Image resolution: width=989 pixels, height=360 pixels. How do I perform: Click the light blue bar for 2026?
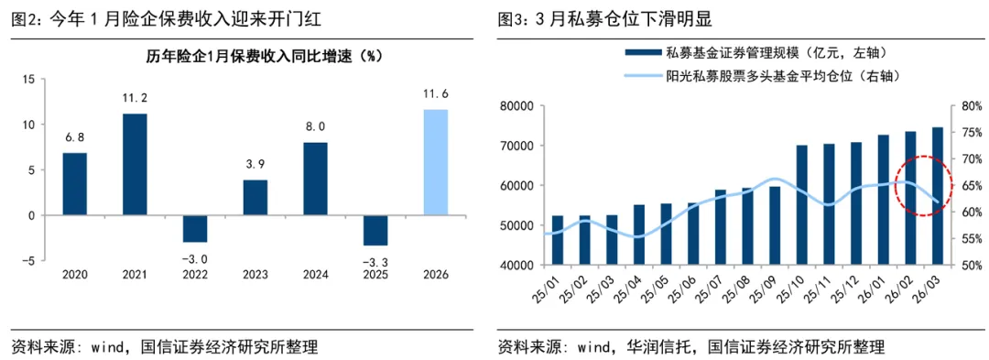click(x=435, y=163)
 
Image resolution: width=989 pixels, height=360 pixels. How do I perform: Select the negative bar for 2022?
click(x=195, y=229)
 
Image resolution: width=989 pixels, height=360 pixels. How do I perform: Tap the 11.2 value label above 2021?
click(x=135, y=98)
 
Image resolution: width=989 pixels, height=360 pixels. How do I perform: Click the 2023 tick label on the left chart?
click(x=255, y=275)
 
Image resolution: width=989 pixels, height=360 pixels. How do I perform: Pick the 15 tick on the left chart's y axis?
click(x=27, y=80)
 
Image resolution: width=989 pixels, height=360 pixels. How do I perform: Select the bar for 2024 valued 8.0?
click(x=315, y=179)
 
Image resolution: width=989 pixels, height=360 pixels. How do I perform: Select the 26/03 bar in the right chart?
click(x=938, y=197)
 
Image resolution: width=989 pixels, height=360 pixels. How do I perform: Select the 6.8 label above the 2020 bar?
click(x=74, y=136)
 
